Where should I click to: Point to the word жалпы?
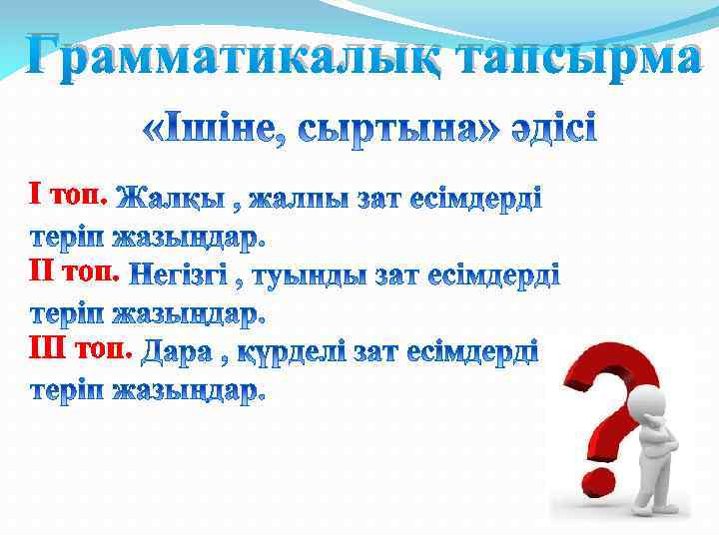point(295,199)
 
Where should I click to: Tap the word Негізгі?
point(178,274)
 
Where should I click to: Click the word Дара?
point(176,352)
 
